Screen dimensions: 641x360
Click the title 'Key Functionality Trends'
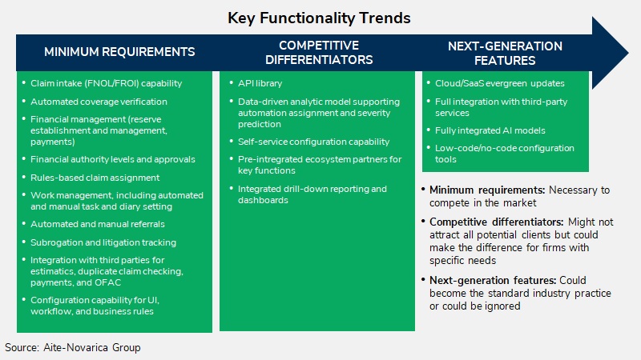click(319, 18)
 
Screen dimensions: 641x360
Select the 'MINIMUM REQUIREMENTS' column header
click(119, 52)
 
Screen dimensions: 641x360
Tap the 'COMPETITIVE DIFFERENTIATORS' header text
click(319, 52)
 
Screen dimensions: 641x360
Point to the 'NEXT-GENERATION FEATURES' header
click(505, 53)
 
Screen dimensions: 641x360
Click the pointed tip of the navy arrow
click(628, 53)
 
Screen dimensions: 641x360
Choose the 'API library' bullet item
click(260, 83)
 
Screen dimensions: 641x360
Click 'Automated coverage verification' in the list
click(99, 102)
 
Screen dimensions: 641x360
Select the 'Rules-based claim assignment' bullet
click(95, 178)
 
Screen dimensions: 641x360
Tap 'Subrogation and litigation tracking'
click(103, 242)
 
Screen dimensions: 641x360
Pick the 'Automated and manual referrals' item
click(97, 224)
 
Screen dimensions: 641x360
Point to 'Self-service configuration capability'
click(313, 142)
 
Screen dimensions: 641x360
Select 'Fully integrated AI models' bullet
click(490, 130)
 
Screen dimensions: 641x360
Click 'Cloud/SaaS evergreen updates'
click(499, 83)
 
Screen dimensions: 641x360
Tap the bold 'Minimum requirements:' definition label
click(487, 190)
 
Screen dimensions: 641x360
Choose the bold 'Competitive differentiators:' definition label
click(496, 222)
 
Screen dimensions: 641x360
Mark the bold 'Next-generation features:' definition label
click(493, 281)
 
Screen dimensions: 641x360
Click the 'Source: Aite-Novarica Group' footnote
click(73, 347)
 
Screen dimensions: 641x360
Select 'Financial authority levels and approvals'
click(112, 159)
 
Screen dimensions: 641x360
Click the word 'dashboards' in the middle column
click(263, 200)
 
